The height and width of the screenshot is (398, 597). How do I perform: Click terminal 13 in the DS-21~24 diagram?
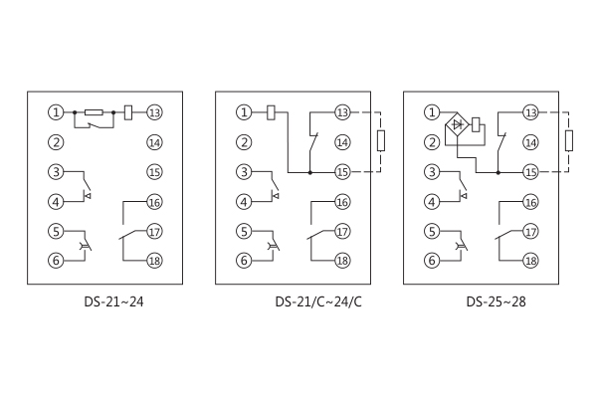pyautogui.click(x=154, y=112)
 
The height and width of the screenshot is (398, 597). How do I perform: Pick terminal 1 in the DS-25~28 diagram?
pyautogui.click(x=432, y=112)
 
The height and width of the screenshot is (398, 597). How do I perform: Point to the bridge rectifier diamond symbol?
pyautogui.click(x=459, y=125)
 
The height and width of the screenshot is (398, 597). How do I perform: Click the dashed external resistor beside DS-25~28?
pyautogui.click(x=568, y=141)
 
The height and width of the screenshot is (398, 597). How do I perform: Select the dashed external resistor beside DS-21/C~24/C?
pyautogui.click(x=380, y=141)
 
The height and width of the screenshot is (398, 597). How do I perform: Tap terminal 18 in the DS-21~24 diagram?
pyautogui.click(x=154, y=261)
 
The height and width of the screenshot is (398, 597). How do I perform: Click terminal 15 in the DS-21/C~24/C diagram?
pyautogui.click(x=342, y=172)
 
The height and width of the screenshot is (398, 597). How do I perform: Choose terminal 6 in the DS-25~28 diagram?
pyautogui.click(x=432, y=261)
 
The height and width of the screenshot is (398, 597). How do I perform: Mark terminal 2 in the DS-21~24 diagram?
pyautogui.click(x=57, y=142)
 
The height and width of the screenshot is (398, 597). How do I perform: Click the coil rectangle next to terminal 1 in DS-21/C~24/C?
pyautogui.click(x=271, y=112)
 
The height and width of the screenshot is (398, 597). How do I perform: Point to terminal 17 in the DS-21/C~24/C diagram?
pyautogui.click(x=342, y=232)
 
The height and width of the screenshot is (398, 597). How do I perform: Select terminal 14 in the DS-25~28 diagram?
pyautogui.click(x=530, y=142)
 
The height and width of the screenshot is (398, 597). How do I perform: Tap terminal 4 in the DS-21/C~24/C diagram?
pyautogui.click(x=244, y=202)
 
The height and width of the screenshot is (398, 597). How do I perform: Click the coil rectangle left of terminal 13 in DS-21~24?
pyautogui.click(x=130, y=112)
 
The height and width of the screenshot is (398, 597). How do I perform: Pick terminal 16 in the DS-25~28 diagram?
pyautogui.click(x=530, y=202)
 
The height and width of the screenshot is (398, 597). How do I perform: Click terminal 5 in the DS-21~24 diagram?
pyautogui.click(x=57, y=232)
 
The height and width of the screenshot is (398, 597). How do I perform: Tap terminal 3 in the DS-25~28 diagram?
pyautogui.click(x=432, y=172)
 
